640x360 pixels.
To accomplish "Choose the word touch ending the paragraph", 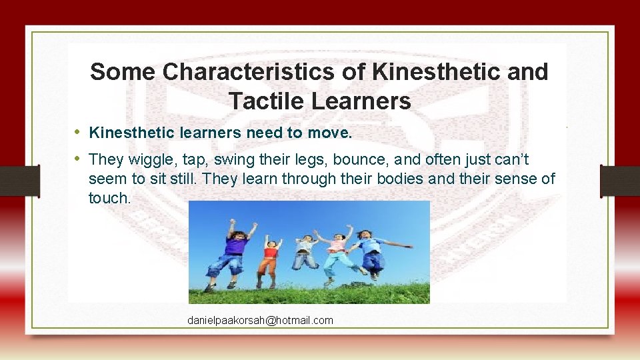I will point(109,198).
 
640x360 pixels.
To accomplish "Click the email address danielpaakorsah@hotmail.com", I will point(260,321).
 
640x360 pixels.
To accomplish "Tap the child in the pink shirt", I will point(336,252).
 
